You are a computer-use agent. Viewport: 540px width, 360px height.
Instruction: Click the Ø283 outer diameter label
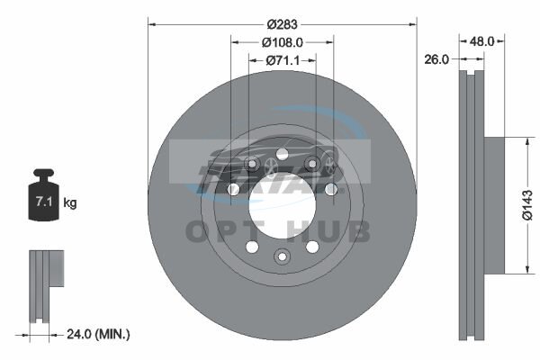tap(282, 24)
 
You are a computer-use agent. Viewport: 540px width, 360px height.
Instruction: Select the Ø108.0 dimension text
tap(282, 42)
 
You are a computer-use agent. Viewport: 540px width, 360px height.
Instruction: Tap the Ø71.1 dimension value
tap(283, 60)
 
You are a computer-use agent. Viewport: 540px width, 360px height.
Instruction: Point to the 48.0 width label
tap(481, 41)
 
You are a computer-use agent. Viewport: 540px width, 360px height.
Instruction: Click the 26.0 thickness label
tap(436, 59)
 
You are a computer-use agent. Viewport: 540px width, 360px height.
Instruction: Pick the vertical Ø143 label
tap(527, 205)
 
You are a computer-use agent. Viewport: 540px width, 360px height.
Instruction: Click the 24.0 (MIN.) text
tap(98, 334)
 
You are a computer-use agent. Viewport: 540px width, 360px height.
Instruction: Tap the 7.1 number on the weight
tap(44, 202)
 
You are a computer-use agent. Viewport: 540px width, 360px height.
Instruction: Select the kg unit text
tap(70, 202)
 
